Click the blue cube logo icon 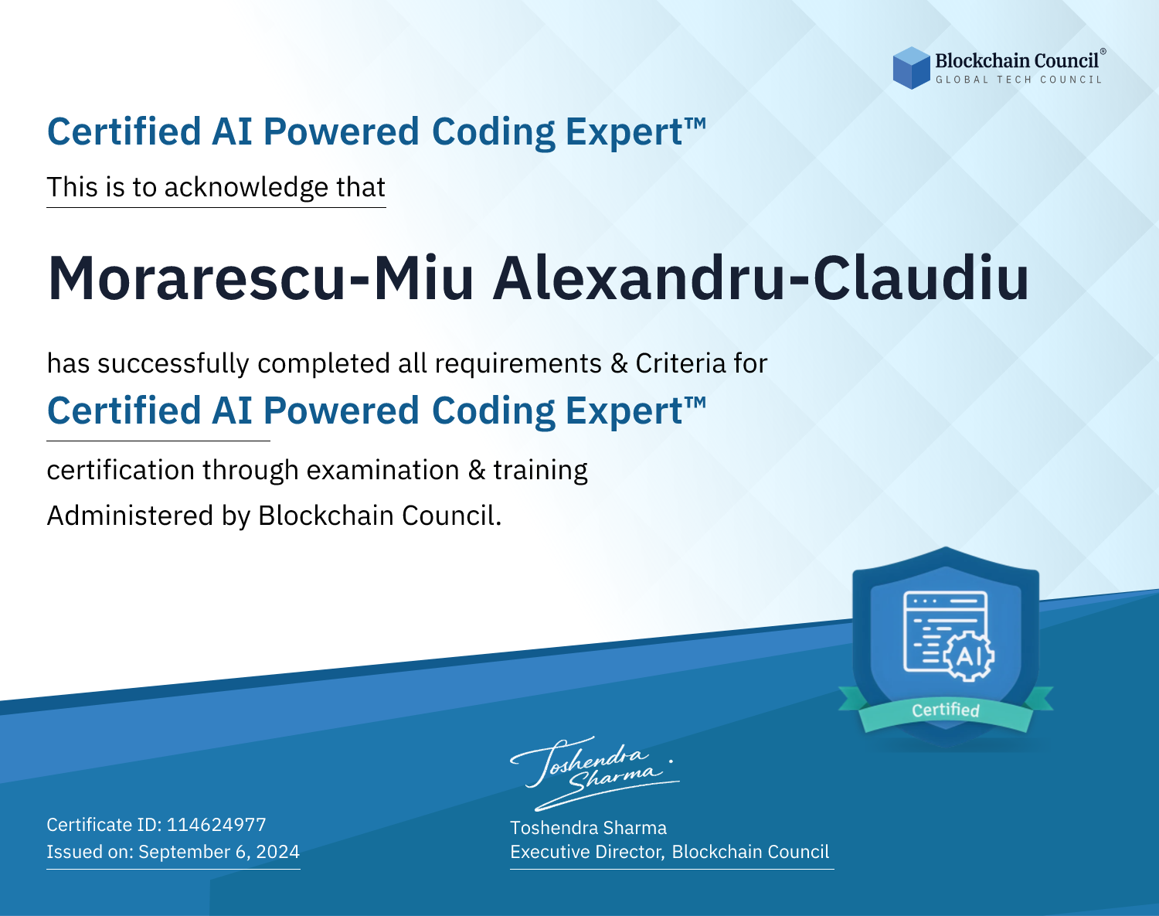[x=911, y=68]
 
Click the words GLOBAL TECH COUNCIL [x=1019, y=80]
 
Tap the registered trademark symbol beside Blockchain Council [x=1103, y=52]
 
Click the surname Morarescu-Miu [x=260, y=278]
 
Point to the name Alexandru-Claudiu [x=761, y=278]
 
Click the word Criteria [x=680, y=363]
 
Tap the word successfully [x=173, y=364]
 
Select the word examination [x=382, y=470]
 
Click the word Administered [x=130, y=516]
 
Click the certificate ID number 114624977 [x=216, y=825]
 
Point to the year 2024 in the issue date [x=277, y=852]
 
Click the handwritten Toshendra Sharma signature [x=594, y=773]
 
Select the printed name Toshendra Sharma [x=588, y=828]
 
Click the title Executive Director [x=586, y=852]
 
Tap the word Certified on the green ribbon [x=945, y=710]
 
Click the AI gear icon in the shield [x=968, y=656]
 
